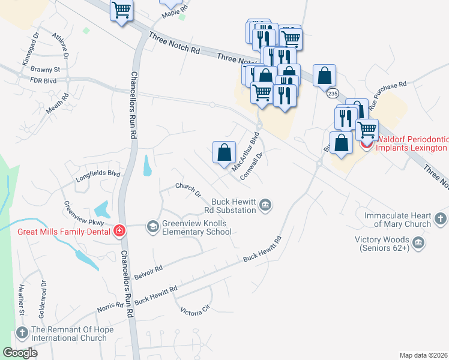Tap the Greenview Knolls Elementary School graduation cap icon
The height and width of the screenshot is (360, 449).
click(x=153, y=226)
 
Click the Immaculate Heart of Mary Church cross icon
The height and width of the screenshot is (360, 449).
click(x=441, y=218)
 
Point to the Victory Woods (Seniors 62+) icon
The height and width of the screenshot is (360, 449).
click(x=419, y=243)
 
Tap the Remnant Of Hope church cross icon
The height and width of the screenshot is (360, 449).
click(x=22, y=332)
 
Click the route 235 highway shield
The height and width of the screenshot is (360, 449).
click(x=333, y=93)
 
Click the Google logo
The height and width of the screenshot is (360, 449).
click(x=20, y=353)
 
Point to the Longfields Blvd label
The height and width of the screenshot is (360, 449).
click(x=98, y=175)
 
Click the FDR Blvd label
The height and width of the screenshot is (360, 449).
click(x=43, y=79)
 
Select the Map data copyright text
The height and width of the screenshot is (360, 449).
click(x=423, y=355)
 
